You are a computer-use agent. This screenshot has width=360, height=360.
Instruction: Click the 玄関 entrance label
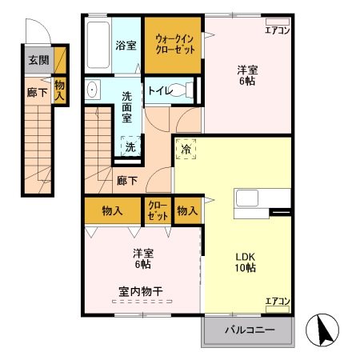38,60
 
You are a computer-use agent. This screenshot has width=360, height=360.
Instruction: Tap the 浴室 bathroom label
126,45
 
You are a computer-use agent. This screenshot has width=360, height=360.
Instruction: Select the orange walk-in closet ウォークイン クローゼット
174,42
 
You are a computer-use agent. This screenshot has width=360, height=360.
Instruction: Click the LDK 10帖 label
245,262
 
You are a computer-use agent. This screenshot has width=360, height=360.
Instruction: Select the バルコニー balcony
249,330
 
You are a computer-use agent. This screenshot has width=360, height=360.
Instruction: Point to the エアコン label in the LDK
277,302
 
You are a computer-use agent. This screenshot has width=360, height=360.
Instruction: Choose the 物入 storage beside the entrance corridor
60,90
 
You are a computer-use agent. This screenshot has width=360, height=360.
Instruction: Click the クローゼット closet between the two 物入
157,211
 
